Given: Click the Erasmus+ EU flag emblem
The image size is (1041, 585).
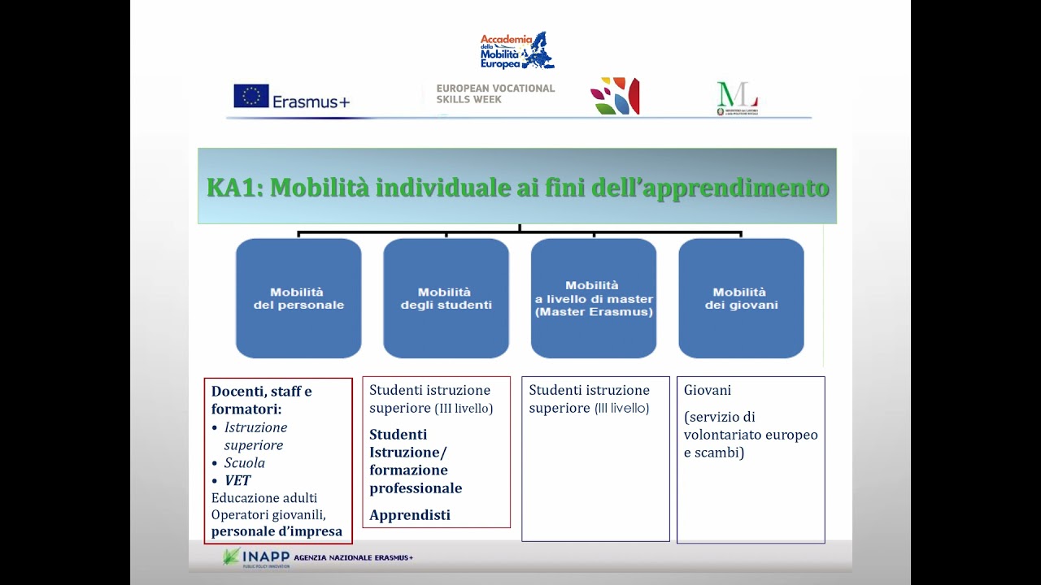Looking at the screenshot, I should point(251,96).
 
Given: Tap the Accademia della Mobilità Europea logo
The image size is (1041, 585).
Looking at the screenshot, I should point(516,50).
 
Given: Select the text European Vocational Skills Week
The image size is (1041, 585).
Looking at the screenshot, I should point(495,93).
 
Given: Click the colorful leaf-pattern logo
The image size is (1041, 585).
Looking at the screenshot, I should point(615,96).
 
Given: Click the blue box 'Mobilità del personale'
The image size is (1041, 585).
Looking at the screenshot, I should point(298,298).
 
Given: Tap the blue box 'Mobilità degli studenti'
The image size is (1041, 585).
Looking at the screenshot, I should point(446,298).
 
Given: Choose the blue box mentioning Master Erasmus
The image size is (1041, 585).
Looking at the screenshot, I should point(594,298).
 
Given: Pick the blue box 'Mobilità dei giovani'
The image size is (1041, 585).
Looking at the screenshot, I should point(741,298).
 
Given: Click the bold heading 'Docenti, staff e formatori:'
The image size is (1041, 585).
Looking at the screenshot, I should point(261,400).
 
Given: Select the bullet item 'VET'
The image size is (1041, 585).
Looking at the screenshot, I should point(237,480).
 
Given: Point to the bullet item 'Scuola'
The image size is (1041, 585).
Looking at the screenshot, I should point(244,462).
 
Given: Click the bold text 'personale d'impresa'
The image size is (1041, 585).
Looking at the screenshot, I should point(277,532).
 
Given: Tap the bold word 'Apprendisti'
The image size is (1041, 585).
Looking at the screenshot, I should point(410,515).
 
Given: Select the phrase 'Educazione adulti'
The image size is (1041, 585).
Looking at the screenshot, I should point(264,497).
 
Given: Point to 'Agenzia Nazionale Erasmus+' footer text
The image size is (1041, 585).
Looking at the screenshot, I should point(354,557).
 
